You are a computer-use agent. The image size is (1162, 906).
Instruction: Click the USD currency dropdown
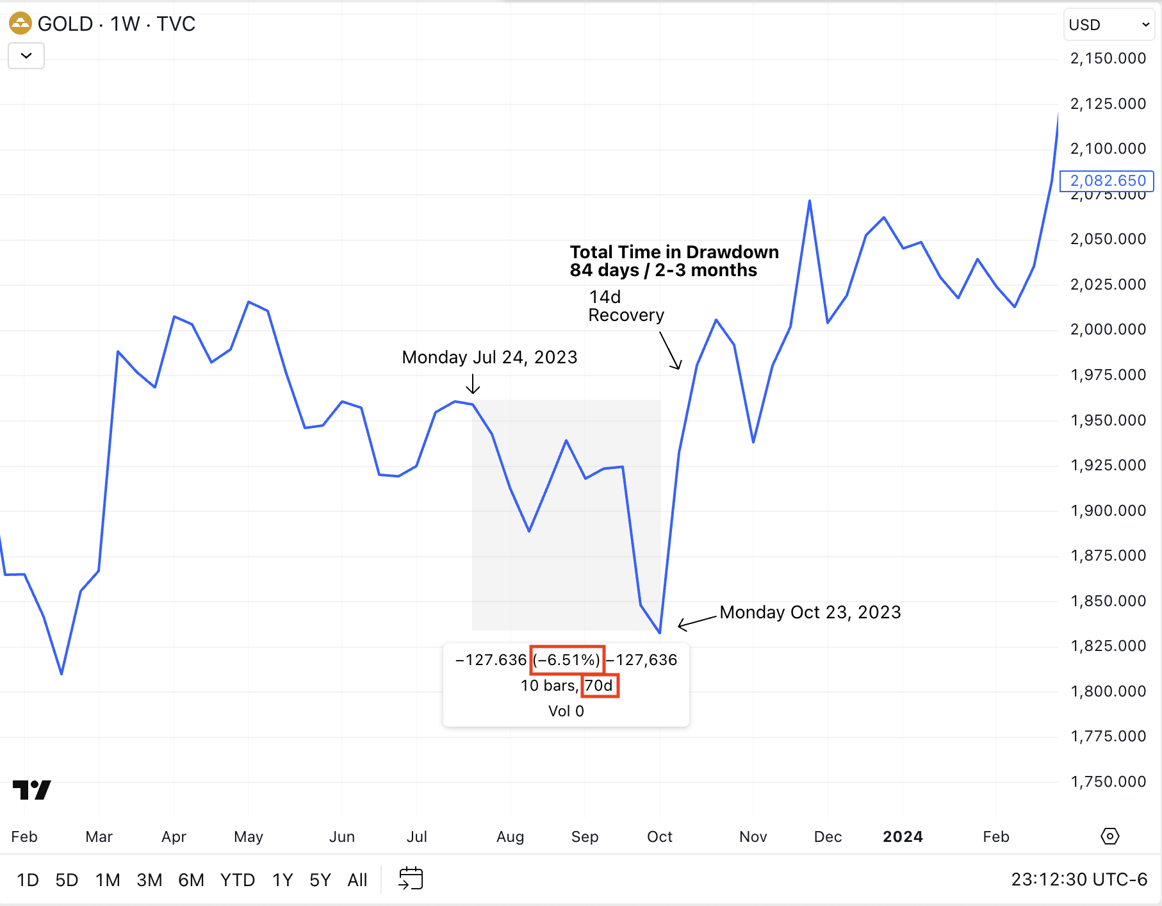(x=1109, y=25)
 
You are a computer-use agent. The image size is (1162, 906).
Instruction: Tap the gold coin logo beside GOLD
(x=20, y=24)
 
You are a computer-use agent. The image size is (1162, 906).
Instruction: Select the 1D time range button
(x=28, y=880)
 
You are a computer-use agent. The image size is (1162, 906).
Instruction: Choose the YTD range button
(x=237, y=880)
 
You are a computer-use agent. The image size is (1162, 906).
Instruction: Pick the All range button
(x=357, y=880)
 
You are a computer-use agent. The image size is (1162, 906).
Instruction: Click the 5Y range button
(x=320, y=880)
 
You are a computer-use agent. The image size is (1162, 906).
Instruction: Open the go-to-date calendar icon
(x=411, y=878)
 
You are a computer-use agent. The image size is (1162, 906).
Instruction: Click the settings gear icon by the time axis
(x=1109, y=836)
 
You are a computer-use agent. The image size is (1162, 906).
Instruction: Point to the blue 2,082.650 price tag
(x=1108, y=181)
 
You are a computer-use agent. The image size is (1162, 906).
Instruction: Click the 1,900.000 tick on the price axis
(x=1108, y=511)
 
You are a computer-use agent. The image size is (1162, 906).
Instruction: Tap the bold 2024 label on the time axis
(x=903, y=836)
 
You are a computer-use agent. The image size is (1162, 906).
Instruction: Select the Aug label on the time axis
(x=510, y=836)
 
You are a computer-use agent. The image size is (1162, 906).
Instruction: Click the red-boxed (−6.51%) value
(x=567, y=660)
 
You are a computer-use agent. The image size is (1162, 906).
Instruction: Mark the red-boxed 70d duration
(x=600, y=686)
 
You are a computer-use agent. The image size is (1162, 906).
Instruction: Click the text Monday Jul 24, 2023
(x=489, y=357)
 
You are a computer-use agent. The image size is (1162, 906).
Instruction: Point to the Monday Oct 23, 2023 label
(x=810, y=612)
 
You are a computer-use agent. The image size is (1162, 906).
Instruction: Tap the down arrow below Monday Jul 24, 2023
(x=473, y=384)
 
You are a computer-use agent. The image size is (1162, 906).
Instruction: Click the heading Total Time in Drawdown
(x=674, y=252)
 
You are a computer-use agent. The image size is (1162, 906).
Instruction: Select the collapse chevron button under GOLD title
(x=26, y=56)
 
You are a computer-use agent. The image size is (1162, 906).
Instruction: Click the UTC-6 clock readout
(x=1079, y=879)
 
